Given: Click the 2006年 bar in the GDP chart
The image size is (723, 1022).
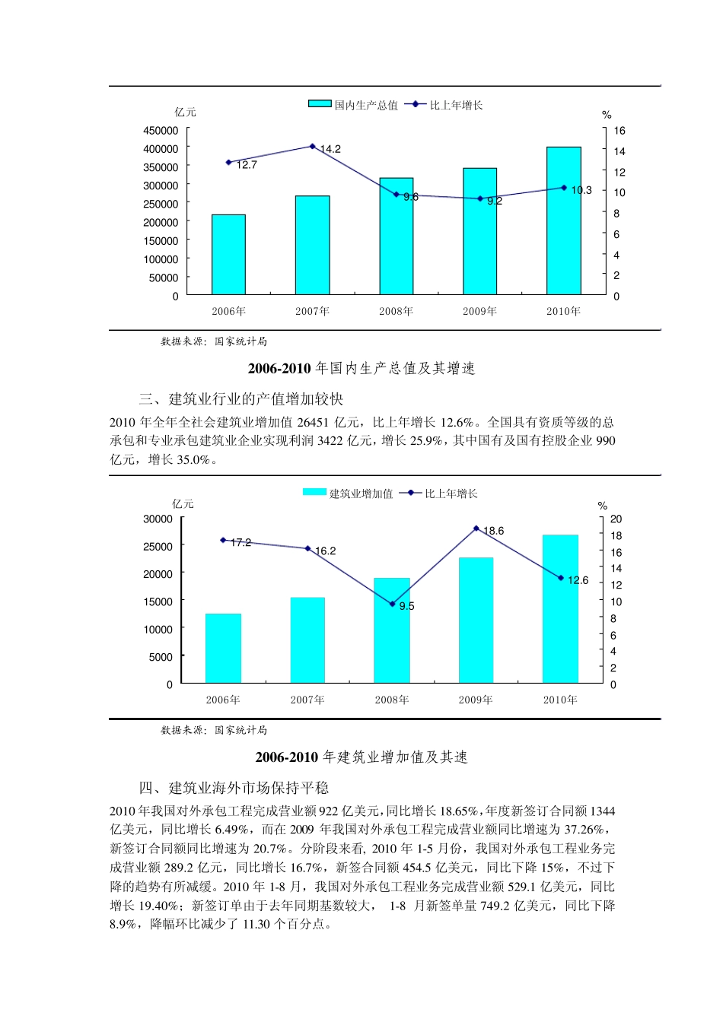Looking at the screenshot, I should (228, 255).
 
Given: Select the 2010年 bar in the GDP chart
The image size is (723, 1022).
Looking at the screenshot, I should (563, 221).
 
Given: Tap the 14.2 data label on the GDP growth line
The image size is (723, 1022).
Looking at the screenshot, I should (330, 149).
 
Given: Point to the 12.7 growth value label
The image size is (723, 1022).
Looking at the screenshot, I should (247, 165).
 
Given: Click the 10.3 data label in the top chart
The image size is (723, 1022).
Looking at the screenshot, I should (581, 190).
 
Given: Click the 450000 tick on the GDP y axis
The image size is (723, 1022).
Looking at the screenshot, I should (161, 131).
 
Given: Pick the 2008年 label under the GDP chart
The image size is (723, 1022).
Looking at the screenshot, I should (396, 311).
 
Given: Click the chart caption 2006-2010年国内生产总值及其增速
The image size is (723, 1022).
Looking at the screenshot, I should (361, 369).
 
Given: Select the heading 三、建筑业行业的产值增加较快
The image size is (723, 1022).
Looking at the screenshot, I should (241, 399).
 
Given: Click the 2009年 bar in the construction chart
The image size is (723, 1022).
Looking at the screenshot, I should (476, 620).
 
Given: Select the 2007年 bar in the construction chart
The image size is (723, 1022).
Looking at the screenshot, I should (307, 640).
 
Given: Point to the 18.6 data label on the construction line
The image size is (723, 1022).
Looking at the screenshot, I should (493, 531).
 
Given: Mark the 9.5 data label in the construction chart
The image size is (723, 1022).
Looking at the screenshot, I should (406, 606).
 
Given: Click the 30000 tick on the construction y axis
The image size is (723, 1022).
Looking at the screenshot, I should (158, 519).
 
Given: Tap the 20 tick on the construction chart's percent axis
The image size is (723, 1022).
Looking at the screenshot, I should (616, 519).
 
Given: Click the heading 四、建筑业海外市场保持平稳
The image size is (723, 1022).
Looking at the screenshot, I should (234, 788).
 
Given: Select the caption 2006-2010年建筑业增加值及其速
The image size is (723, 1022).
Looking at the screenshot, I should (361, 757).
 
